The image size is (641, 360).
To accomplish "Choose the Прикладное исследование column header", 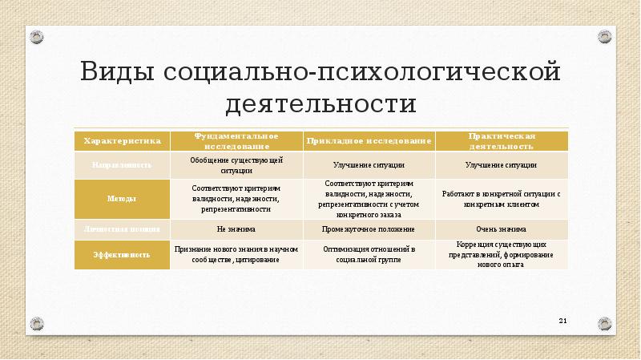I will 369,140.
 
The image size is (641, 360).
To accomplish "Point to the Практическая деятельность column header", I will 502,140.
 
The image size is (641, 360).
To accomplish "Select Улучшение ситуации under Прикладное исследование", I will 369,165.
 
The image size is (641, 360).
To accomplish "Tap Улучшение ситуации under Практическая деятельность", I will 502,165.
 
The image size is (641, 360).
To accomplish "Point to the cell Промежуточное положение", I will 369,229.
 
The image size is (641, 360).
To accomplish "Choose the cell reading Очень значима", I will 502,229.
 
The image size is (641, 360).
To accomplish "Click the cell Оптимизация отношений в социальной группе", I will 369,254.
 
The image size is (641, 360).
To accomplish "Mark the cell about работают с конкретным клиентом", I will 502,198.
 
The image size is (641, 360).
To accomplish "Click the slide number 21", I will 562,322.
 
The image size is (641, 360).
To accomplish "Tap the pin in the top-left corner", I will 37,37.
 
